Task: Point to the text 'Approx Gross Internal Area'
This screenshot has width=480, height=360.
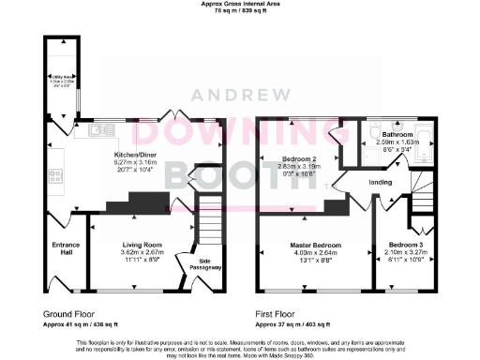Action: [242, 4]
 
